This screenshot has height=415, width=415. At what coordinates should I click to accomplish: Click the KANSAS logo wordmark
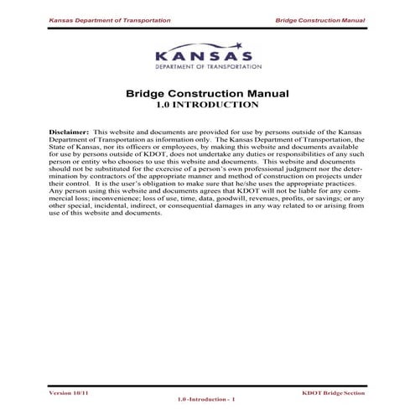coord(205,54)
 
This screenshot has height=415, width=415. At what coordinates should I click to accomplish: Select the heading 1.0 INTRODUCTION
coord(206,106)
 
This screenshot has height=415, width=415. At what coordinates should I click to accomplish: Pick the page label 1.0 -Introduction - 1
coord(206,400)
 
